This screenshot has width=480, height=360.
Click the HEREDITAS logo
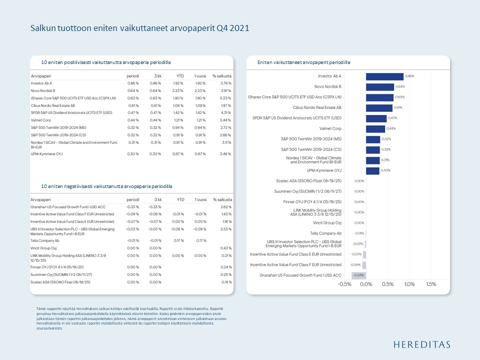[x=421, y=344]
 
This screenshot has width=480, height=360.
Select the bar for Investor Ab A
[x=384, y=76]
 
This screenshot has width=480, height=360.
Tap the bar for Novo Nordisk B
[x=379, y=87]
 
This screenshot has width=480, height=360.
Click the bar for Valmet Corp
[x=375, y=128]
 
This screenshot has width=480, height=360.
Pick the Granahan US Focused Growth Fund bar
[x=358, y=275]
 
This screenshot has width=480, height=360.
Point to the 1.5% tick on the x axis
[x=430, y=284]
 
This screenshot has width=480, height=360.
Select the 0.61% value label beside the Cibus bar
[x=398, y=107]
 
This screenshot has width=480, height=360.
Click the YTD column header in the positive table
[x=180, y=75]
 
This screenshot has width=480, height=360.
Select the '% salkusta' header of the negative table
[x=222, y=199]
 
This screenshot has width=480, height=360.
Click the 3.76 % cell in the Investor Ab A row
[x=226, y=83]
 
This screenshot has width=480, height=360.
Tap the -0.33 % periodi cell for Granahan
[x=132, y=206]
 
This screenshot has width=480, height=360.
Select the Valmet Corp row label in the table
[x=42, y=120]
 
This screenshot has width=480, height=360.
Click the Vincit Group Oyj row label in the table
[x=43, y=248]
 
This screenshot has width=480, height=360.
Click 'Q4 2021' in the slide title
[x=232, y=28]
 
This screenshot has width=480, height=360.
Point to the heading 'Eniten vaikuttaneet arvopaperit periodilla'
[x=303, y=62]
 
